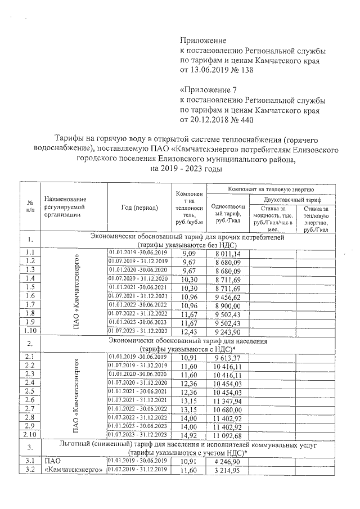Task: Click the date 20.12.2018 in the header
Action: [x=213, y=120]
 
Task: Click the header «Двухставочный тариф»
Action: [x=292, y=199]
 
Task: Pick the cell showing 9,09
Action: [x=185, y=254]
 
